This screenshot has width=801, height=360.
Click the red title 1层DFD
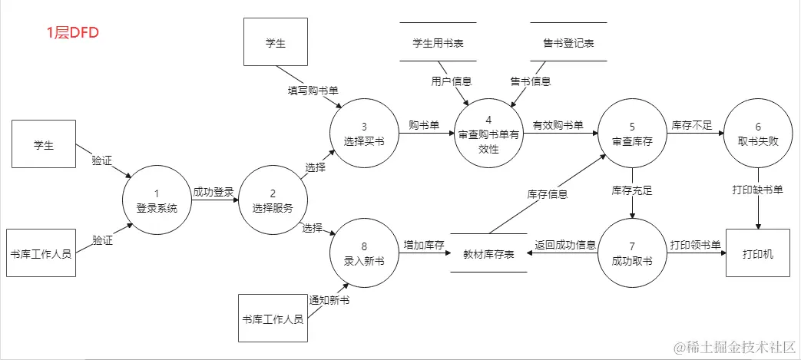(73, 33)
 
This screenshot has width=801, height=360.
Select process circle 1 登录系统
(156, 201)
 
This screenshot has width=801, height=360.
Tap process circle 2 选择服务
(272, 201)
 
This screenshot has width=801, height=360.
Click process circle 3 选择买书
(363, 134)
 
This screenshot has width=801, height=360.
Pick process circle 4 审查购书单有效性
(488, 134)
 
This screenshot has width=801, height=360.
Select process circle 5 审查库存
(632, 134)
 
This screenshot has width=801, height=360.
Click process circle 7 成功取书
(632, 254)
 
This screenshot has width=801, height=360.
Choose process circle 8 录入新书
(364, 254)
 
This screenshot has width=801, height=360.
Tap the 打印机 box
(759, 253)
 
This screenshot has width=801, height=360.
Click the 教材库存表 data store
(488, 253)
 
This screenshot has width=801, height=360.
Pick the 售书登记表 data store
(568, 43)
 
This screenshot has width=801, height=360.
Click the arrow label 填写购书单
(313, 91)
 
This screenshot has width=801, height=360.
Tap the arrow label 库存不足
(693, 124)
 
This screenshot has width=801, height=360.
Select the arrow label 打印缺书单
(759, 190)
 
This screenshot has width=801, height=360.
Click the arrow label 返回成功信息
(565, 245)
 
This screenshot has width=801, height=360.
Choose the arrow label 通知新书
(329, 300)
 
